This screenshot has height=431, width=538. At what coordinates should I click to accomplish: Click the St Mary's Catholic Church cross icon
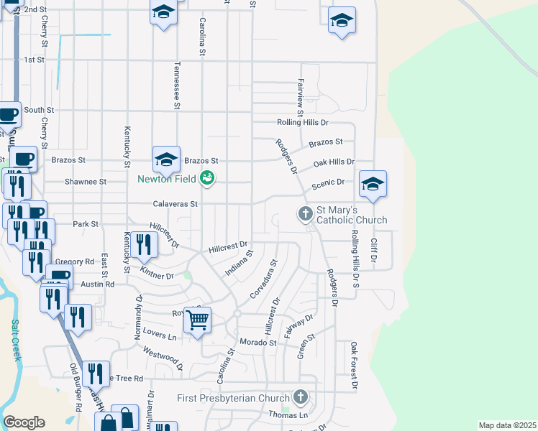[x=305, y=213]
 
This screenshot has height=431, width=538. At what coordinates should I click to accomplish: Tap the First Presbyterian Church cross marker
[x=301, y=397]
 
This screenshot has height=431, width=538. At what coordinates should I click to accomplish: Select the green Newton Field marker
[x=208, y=177]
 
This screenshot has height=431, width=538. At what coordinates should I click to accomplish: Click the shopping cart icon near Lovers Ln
[x=197, y=320]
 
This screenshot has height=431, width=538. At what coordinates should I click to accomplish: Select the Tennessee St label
[x=175, y=85]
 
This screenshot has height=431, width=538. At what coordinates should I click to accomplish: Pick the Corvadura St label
[x=263, y=281]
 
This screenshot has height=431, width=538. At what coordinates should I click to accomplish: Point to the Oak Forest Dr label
[x=354, y=366]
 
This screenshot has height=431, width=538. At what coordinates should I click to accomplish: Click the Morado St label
[x=258, y=343]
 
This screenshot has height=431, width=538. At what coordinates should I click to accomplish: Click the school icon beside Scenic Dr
[x=373, y=184]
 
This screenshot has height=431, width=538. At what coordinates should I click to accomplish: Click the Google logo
[x=24, y=422]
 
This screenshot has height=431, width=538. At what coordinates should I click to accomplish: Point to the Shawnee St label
[x=86, y=182]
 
